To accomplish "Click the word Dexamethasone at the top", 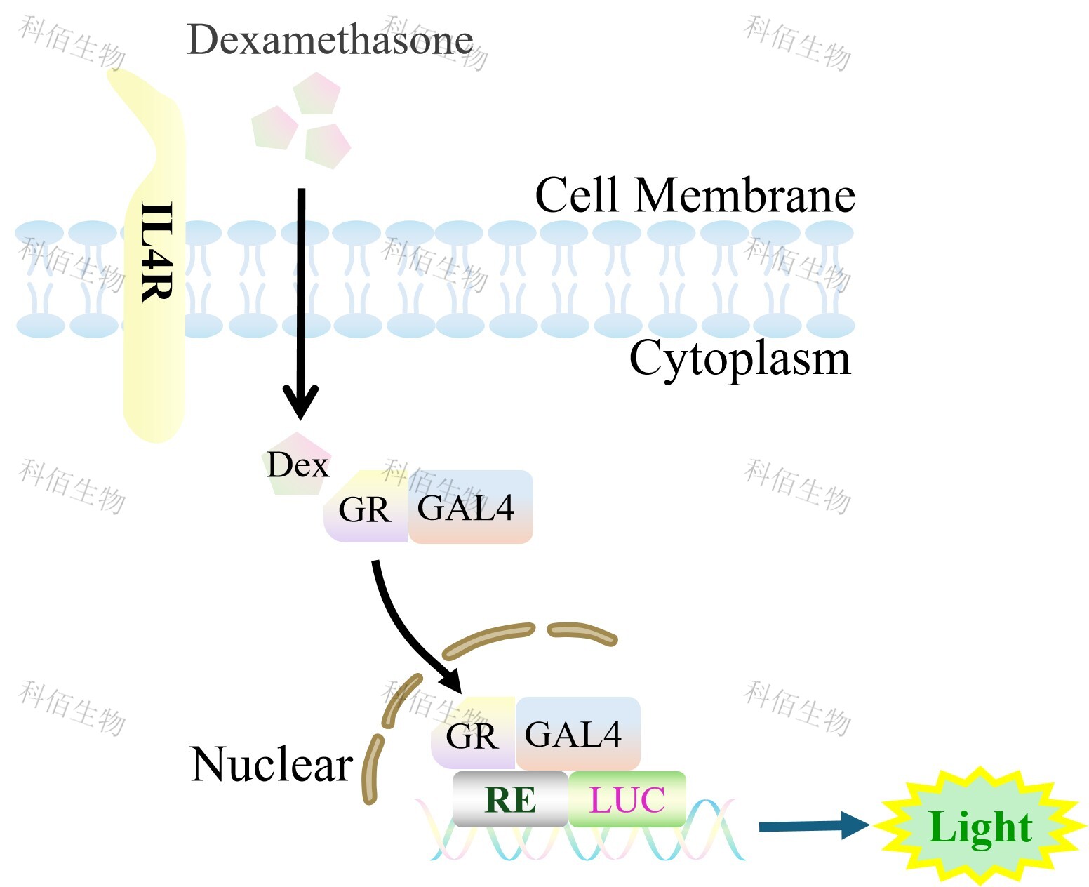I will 330,40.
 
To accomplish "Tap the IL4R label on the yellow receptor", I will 156,253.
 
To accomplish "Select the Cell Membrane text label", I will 695,195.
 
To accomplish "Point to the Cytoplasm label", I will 740,359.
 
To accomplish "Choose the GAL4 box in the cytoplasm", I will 469,507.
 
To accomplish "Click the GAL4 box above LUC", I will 577,733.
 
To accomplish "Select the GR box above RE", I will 472,735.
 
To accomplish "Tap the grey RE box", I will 510,799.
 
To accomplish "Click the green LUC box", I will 627,799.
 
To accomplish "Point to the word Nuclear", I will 271,764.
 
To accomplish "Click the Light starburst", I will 980,827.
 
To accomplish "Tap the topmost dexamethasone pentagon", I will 317,93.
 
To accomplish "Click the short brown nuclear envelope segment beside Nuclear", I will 370,768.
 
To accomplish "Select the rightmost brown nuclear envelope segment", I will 582,632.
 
